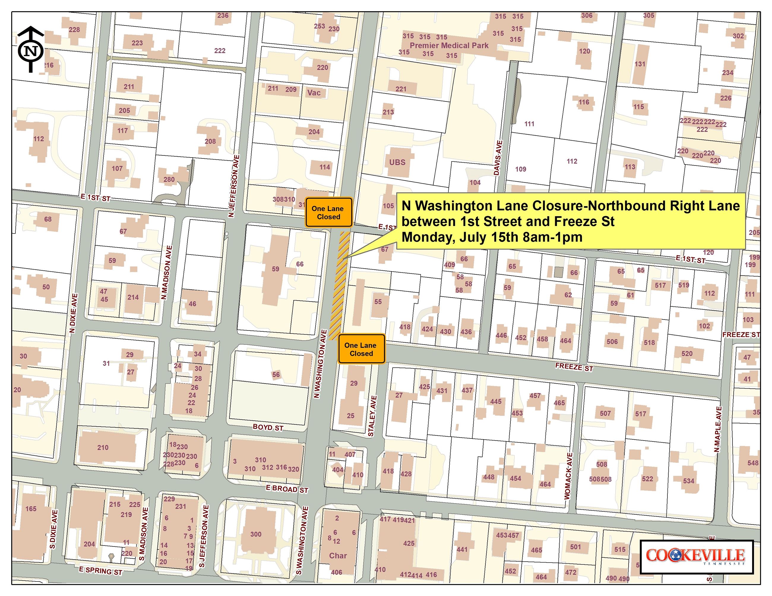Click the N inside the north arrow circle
coord(31,51)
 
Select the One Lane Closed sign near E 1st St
coord(328,212)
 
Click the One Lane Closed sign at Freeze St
coord(361,349)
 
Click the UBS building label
coord(397,162)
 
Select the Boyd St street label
coord(268,427)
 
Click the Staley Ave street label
coord(373,416)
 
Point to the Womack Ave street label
coord(568,476)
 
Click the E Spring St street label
coord(100,570)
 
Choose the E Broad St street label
coord(287,489)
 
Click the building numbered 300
coord(256,534)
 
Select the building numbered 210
coord(103,447)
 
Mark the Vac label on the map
coord(314,93)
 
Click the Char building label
coord(338,555)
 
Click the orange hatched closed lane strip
coord(339,286)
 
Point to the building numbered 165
coord(31,509)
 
